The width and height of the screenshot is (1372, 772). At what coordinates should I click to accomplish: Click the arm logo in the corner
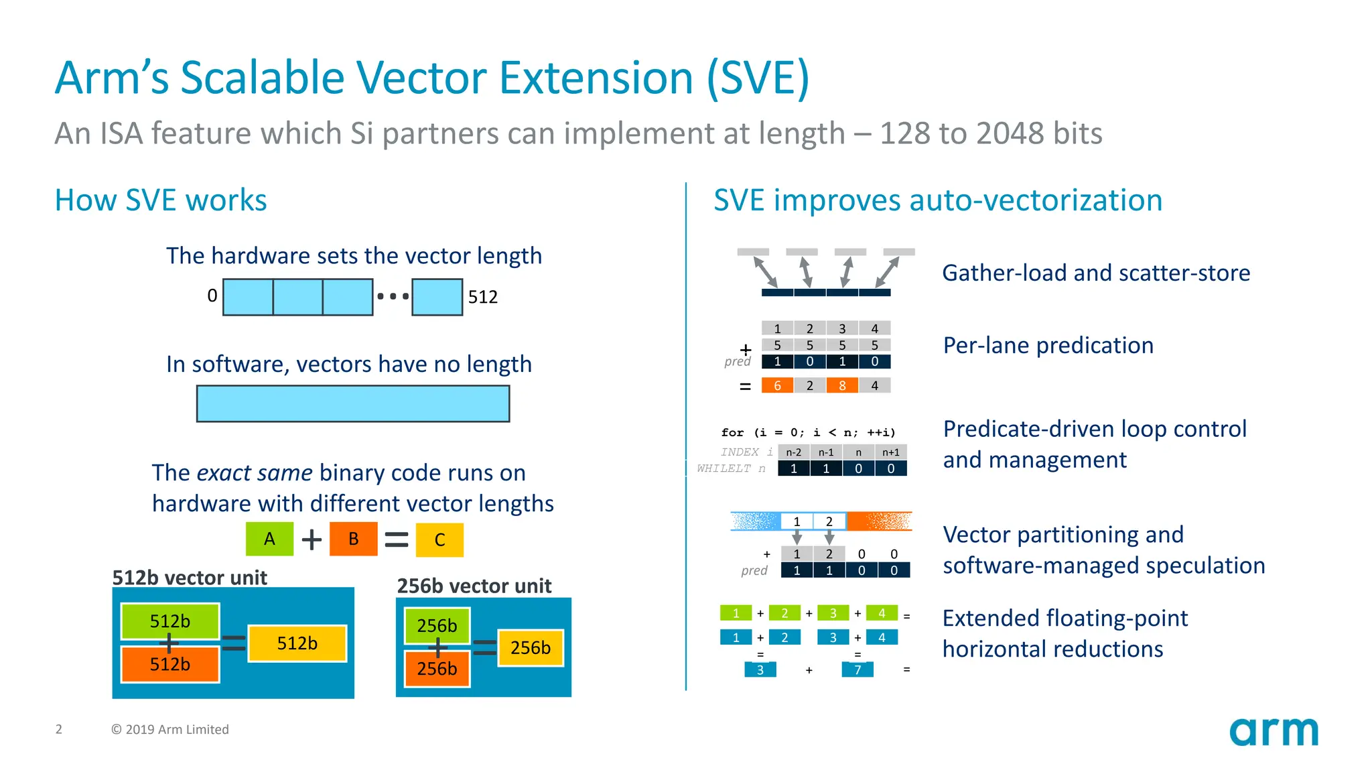(1273, 732)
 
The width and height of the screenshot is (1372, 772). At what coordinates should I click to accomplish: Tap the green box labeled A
(269, 539)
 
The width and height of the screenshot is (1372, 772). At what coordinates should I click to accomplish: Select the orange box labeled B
(354, 539)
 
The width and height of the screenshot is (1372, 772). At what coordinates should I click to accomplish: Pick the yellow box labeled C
(439, 540)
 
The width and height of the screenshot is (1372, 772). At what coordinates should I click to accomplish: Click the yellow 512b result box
(297, 643)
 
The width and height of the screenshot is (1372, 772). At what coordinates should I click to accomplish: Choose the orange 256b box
(437, 669)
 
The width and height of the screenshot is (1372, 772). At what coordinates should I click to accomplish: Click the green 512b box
(169, 621)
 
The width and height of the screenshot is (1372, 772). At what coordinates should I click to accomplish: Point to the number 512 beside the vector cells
(483, 297)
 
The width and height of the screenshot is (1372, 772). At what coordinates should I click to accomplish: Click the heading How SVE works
(161, 200)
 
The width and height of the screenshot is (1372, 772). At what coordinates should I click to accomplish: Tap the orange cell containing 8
(842, 385)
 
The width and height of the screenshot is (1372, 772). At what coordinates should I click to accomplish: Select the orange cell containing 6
(777, 385)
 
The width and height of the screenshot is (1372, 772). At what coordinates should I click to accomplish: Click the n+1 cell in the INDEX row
(890, 452)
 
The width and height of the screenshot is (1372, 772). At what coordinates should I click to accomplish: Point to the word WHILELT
(724, 468)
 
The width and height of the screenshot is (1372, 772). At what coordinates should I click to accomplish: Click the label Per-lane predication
(1048, 345)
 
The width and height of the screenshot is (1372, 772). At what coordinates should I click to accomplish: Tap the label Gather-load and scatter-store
(1095, 273)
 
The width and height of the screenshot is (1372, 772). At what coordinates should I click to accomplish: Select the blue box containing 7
(857, 669)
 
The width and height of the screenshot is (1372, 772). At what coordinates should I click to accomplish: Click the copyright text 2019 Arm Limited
(170, 729)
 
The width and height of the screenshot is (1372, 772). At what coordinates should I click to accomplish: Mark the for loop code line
(808, 432)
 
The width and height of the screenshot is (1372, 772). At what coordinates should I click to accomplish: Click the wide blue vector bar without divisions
(353, 403)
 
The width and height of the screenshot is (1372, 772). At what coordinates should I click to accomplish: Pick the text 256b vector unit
(474, 586)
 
